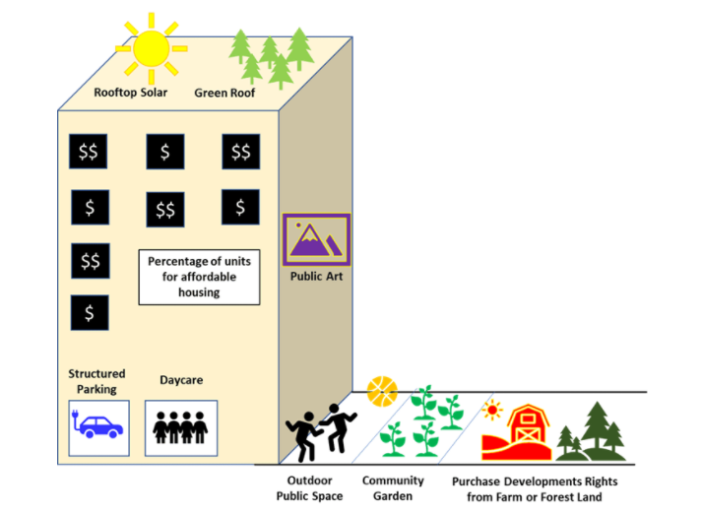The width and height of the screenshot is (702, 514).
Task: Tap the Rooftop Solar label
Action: pyautogui.click(x=130, y=94)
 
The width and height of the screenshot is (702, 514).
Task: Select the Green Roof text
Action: pyautogui.click(x=223, y=94)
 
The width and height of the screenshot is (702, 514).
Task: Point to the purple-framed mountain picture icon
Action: pyautogui.click(x=316, y=239)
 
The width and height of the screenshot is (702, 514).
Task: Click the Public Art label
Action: pyautogui.click(x=315, y=277)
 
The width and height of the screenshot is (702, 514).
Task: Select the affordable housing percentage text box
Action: pyautogui.click(x=199, y=277)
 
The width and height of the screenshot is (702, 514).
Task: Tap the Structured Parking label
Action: pyautogui.click(x=96, y=381)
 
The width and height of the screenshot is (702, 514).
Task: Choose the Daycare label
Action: pyautogui.click(x=181, y=379)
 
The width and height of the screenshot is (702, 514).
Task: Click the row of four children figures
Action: pyautogui.click(x=181, y=428)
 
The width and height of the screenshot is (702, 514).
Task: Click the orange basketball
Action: pyautogui.click(x=381, y=391)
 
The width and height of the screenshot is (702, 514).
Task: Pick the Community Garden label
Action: pyautogui.click(x=393, y=488)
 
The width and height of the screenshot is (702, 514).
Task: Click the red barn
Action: pyautogui.click(x=523, y=430)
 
